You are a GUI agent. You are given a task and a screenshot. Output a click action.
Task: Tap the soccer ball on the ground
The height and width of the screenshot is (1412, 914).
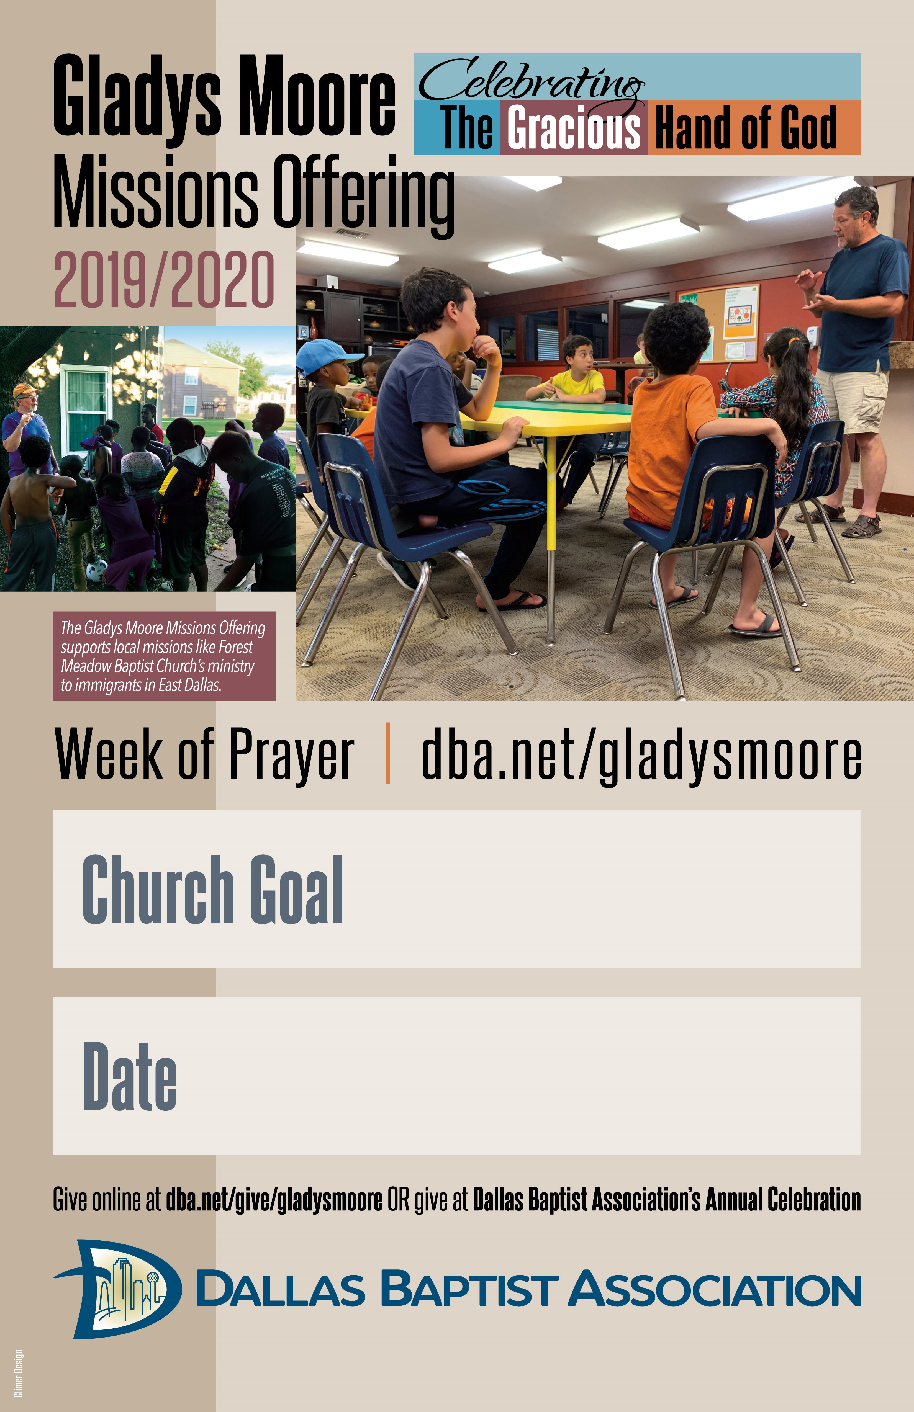[x=96, y=571]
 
